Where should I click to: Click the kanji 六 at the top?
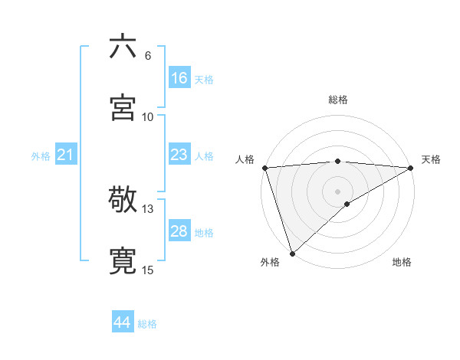(123, 47)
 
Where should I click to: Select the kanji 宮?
(123, 107)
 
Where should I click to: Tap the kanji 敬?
(123, 200)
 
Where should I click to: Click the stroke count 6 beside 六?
(148, 56)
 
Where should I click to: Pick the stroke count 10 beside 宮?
(148, 116)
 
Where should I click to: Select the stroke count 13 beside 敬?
(148, 209)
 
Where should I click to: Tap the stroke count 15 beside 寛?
(148, 270)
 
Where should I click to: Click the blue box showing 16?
(179, 78)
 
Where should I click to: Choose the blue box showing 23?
(179, 155)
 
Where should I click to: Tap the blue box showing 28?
(179, 231)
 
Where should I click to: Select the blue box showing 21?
(66, 155)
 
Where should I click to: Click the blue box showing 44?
(122, 323)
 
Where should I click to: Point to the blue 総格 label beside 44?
(147, 324)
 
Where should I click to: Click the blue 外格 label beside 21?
(41, 156)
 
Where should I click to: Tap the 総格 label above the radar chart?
(338, 100)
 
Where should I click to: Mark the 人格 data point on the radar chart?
(264, 168)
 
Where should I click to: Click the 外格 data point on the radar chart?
(292, 254)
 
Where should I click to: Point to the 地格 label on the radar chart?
(402, 263)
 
